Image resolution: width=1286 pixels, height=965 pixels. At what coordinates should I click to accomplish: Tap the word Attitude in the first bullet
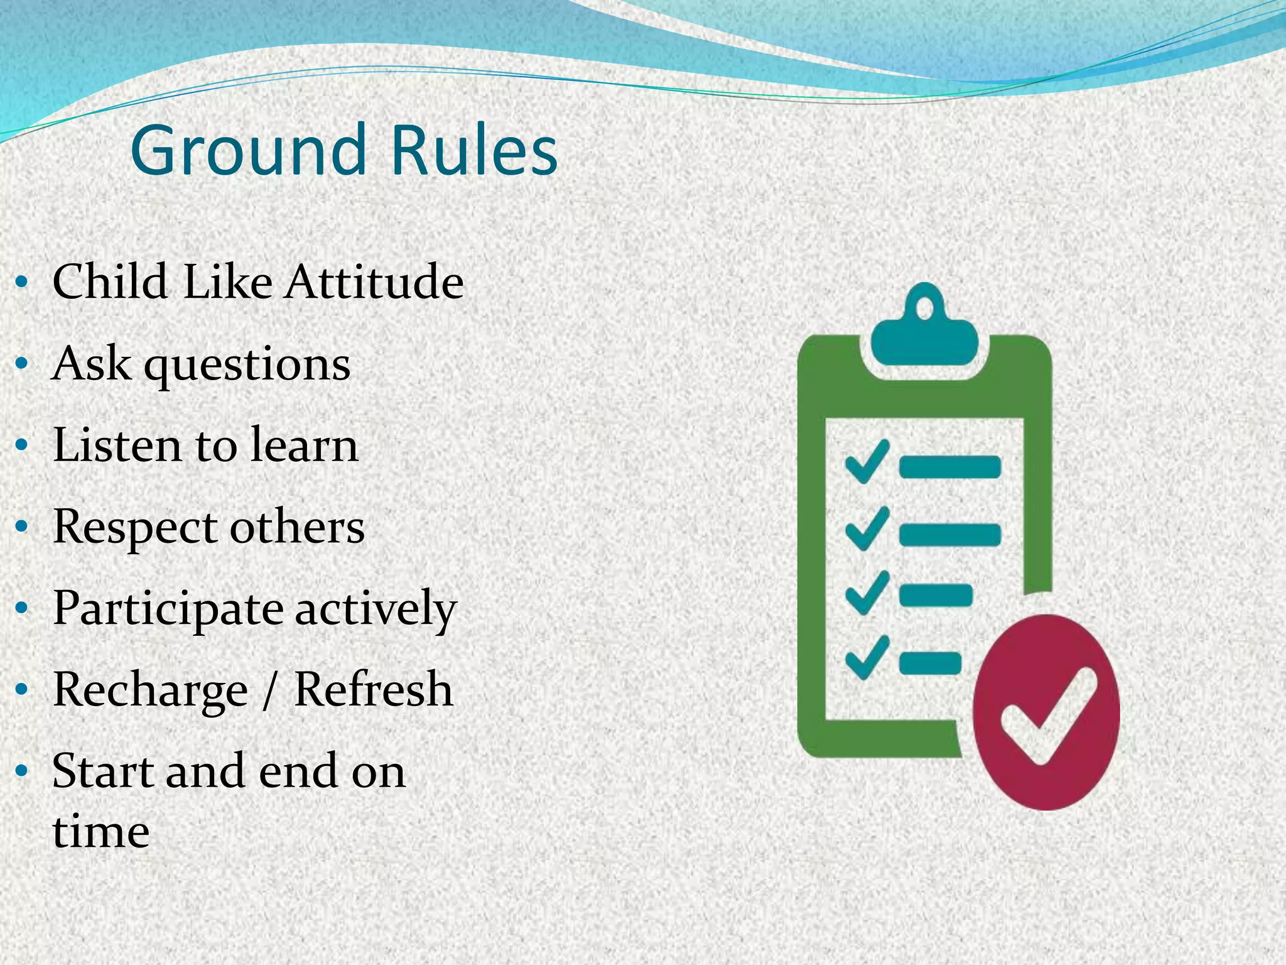(374, 281)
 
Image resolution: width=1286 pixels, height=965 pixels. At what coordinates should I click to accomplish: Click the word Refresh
(373, 689)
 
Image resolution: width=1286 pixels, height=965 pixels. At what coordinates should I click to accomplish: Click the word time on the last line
(100, 832)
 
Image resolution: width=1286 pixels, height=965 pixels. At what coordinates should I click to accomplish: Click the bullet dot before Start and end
(22, 771)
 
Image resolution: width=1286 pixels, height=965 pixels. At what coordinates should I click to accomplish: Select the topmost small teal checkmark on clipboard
(867, 461)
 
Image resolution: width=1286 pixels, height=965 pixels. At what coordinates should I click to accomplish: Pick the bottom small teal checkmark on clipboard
(867, 657)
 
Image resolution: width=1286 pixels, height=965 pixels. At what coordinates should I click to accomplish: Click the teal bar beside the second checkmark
(950, 535)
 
